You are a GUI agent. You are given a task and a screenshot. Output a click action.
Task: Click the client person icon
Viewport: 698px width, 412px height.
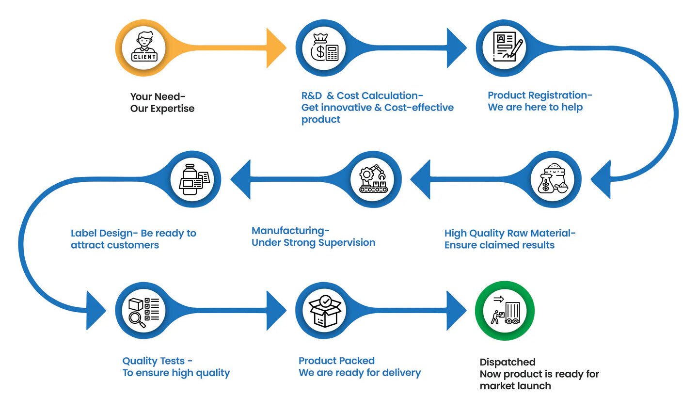pos(144,48)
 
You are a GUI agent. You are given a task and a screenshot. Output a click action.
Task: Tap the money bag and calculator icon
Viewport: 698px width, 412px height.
pos(324,48)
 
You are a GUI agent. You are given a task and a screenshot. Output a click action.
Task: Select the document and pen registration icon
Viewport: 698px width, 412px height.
pos(505,48)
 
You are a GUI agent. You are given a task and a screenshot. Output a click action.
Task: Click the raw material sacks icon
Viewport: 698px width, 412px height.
pos(553,179)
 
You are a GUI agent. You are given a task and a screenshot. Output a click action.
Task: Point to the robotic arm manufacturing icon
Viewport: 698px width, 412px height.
pos(373,179)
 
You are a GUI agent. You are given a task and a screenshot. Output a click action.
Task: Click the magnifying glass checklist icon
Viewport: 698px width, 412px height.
pos(144,311)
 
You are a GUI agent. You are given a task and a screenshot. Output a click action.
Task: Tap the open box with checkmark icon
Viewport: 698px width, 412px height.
pos(324,311)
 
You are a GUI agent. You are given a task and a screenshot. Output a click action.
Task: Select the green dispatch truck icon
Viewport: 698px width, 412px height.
pos(505,311)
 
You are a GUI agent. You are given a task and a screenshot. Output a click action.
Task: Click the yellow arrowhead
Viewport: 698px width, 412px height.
pos(276,48)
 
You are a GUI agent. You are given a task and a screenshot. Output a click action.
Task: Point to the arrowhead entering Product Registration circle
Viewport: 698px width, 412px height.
pos(456,48)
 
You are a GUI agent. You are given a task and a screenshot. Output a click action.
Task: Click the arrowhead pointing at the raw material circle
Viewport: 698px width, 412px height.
pos(601,179)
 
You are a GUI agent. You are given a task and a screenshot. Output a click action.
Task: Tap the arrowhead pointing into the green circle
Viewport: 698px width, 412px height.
pos(456,311)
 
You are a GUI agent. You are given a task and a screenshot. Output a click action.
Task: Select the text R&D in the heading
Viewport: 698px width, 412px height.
pos(311,96)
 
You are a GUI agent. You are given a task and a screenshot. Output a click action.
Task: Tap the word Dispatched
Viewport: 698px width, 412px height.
pos(507,362)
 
